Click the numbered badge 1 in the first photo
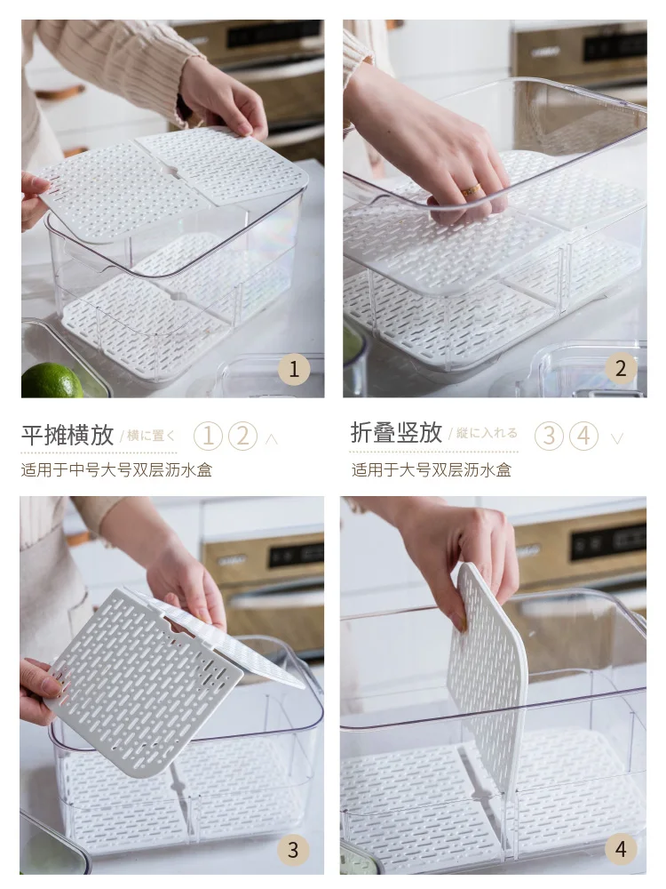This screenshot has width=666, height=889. click(294, 370)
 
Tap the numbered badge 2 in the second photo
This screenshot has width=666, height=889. click(621, 369)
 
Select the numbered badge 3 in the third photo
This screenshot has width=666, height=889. click(293, 849)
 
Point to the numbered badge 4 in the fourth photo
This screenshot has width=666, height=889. click(621, 849)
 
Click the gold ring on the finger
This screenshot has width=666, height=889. click(471, 191)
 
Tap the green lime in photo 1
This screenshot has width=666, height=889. click(52, 380)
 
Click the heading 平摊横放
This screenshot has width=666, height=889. click(67, 435)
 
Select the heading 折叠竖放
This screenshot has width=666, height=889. click(396, 433)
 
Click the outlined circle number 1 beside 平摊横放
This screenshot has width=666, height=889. click(208, 436)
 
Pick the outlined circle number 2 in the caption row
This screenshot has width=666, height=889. click(242, 436)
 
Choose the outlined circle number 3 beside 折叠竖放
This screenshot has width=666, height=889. click(549, 436)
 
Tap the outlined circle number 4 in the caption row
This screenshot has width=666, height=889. click(584, 436)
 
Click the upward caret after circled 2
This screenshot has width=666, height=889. click(271, 439)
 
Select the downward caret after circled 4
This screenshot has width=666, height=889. click(617, 438)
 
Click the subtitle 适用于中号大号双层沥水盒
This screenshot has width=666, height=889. click(116, 470)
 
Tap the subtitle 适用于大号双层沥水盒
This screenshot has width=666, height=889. click(432, 470)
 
